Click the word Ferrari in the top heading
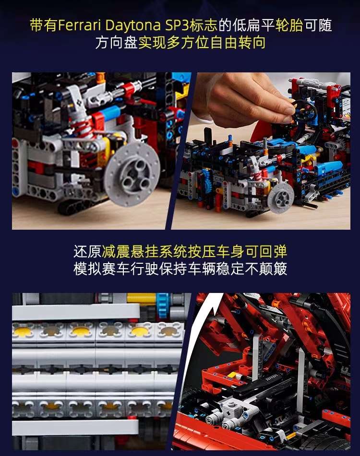click(x=78, y=25)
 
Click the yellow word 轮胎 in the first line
click(x=289, y=25)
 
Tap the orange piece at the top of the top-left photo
click(x=100, y=77)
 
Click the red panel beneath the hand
click(x=262, y=131)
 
